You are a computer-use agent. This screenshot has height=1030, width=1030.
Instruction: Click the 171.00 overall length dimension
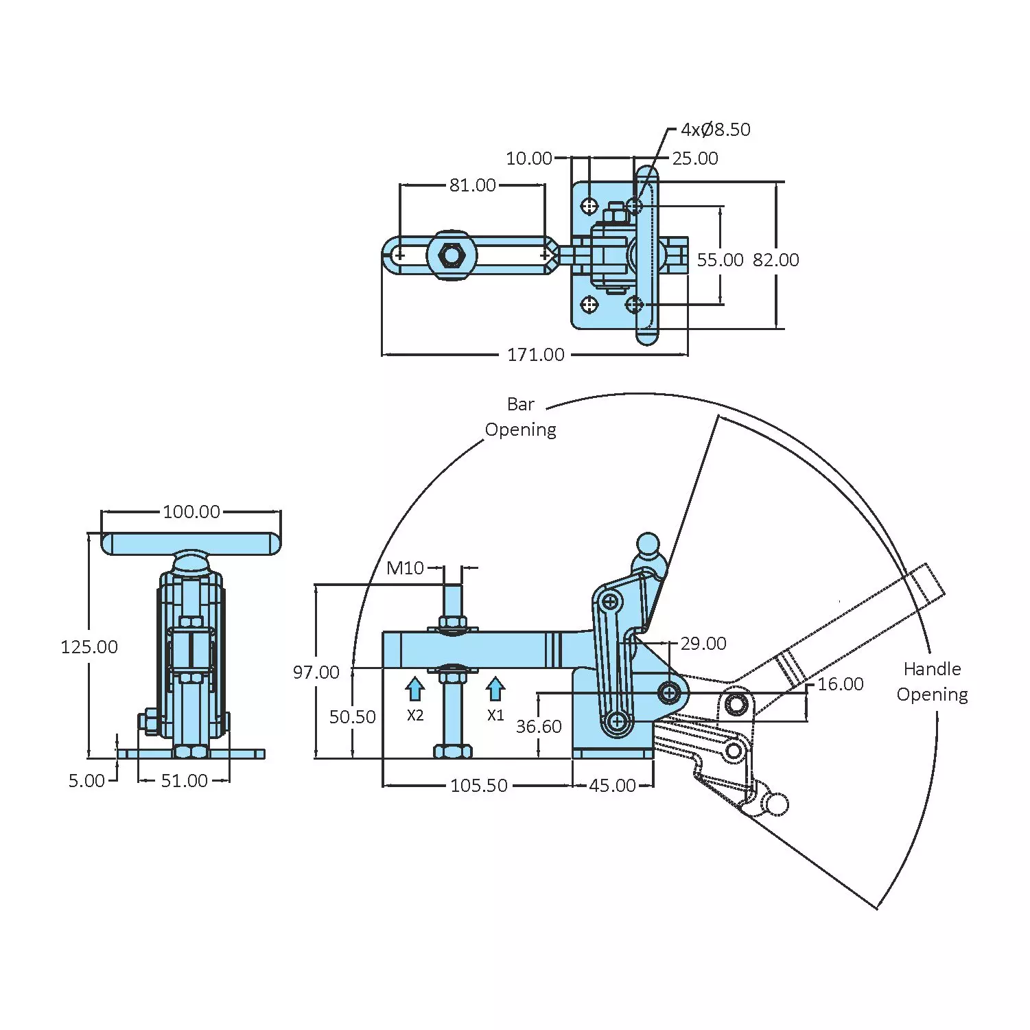tap(536, 355)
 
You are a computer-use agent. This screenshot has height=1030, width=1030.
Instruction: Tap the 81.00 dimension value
tap(473, 185)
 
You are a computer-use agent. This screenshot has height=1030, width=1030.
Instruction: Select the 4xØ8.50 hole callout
tap(716, 130)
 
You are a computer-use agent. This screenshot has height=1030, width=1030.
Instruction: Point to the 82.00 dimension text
tap(776, 260)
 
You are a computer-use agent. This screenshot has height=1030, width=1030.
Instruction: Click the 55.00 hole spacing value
tap(721, 260)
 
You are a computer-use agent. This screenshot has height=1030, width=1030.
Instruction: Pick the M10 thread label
tap(406, 568)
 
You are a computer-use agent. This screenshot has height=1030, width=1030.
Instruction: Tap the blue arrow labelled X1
tap(495, 689)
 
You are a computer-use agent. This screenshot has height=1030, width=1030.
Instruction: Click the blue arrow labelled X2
tap(415, 689)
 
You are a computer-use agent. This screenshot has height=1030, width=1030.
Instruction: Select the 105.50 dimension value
tap(479, 786)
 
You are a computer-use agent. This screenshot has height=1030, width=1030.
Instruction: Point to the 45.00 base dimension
tap(613, 786)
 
